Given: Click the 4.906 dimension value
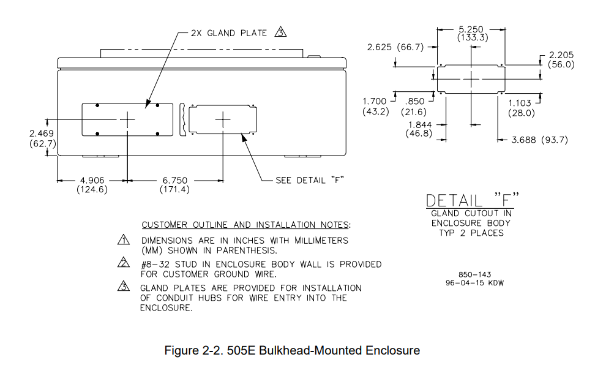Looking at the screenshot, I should [92, 181].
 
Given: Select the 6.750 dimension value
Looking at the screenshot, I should [175, 181].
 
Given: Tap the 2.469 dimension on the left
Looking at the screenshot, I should [42, 133].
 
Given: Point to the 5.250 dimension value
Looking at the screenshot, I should [471, 29].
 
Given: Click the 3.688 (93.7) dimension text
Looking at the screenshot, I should [539, 140].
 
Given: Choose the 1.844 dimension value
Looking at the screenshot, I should [419, 125].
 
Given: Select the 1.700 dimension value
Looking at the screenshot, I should [375, 102].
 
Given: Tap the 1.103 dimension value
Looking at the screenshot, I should [521, 103].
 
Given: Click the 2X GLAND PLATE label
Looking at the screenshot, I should [228, 33].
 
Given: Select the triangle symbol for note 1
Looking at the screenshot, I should [124, 241].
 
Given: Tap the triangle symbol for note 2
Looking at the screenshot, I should [124, 265].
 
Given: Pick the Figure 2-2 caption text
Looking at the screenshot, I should [293, 351].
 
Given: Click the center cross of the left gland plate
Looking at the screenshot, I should [127, 119].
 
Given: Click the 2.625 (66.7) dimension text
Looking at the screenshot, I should [395, 47].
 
